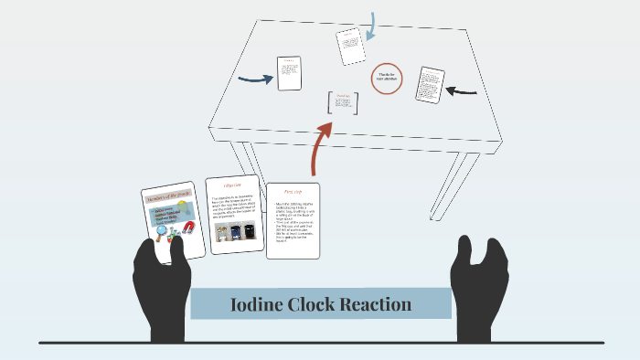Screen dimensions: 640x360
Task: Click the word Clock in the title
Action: (323, 304)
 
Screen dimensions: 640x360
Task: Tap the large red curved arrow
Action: (320, 146)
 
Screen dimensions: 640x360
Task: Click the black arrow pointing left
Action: (462, 90)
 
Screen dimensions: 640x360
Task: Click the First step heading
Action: (293, 193)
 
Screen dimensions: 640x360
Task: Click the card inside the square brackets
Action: (344, 102)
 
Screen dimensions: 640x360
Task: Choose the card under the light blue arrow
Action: (351, 47)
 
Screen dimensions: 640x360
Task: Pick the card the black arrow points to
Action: (430, 84)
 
